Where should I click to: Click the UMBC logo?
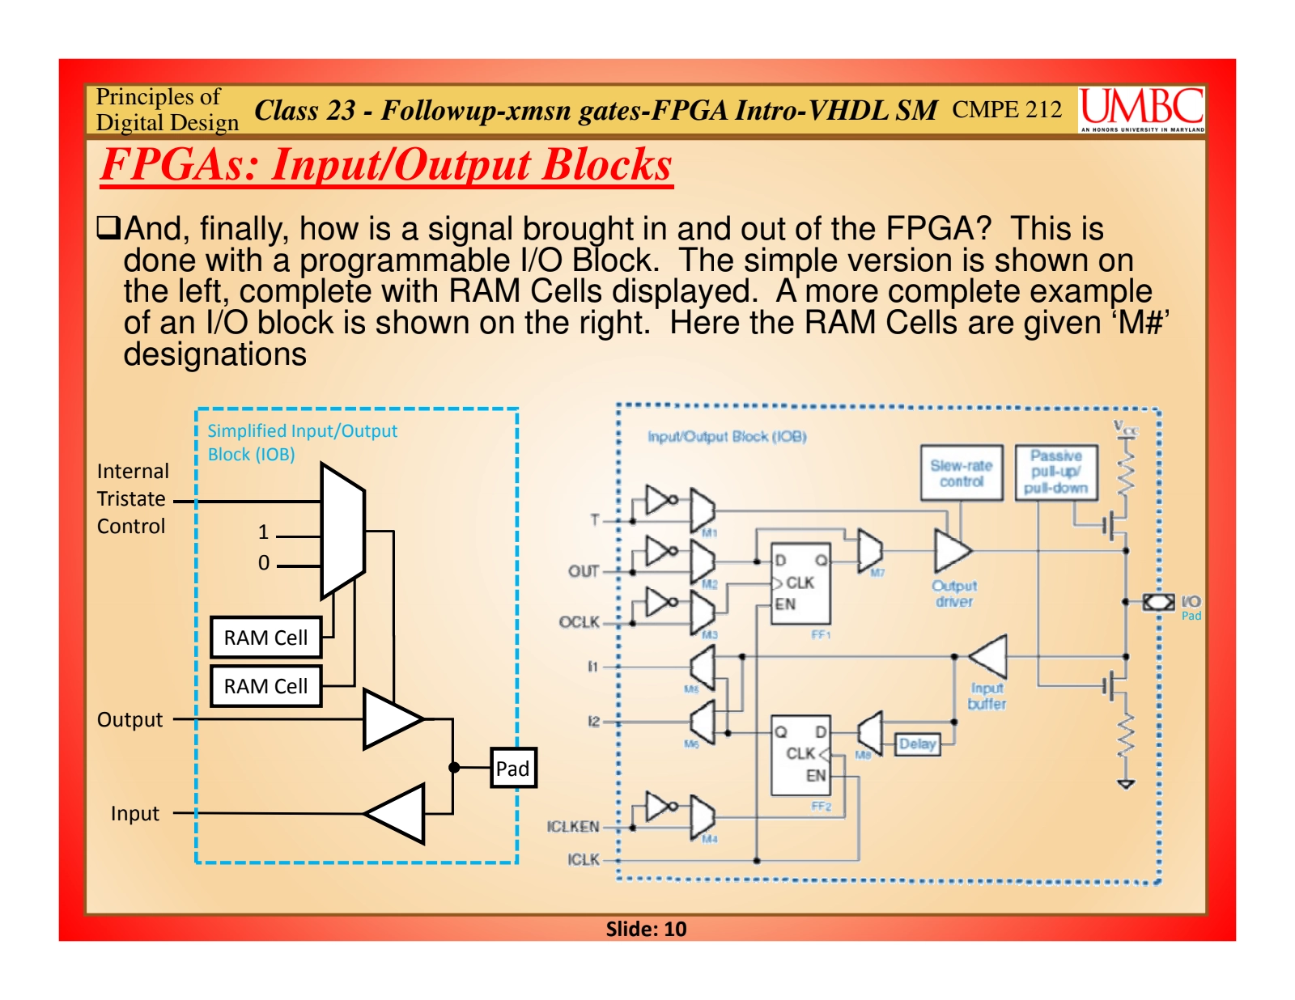[1141, 108]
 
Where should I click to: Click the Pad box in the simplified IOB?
[513, 768]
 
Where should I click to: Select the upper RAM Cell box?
[265, 638]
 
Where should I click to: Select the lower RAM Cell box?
[265, 686]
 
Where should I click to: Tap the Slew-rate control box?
[961, 473]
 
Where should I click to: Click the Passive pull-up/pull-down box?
[1055, 472]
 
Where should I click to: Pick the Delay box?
[917, 744]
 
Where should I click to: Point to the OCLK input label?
[579, 622]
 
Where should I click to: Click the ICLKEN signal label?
[573, 826]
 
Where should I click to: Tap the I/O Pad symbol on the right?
[1158, 602]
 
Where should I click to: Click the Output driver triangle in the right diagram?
[951, 551]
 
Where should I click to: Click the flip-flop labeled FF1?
[800, 583]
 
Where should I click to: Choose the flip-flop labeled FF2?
[800, 755]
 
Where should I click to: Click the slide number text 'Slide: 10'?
[646, 929]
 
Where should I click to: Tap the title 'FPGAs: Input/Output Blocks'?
[386, 165]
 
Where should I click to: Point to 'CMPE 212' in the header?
[1006, 109]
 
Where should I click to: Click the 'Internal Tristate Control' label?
[132, 498]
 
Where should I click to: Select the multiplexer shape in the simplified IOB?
[342, 531]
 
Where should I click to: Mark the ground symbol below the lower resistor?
[1126, 783]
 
